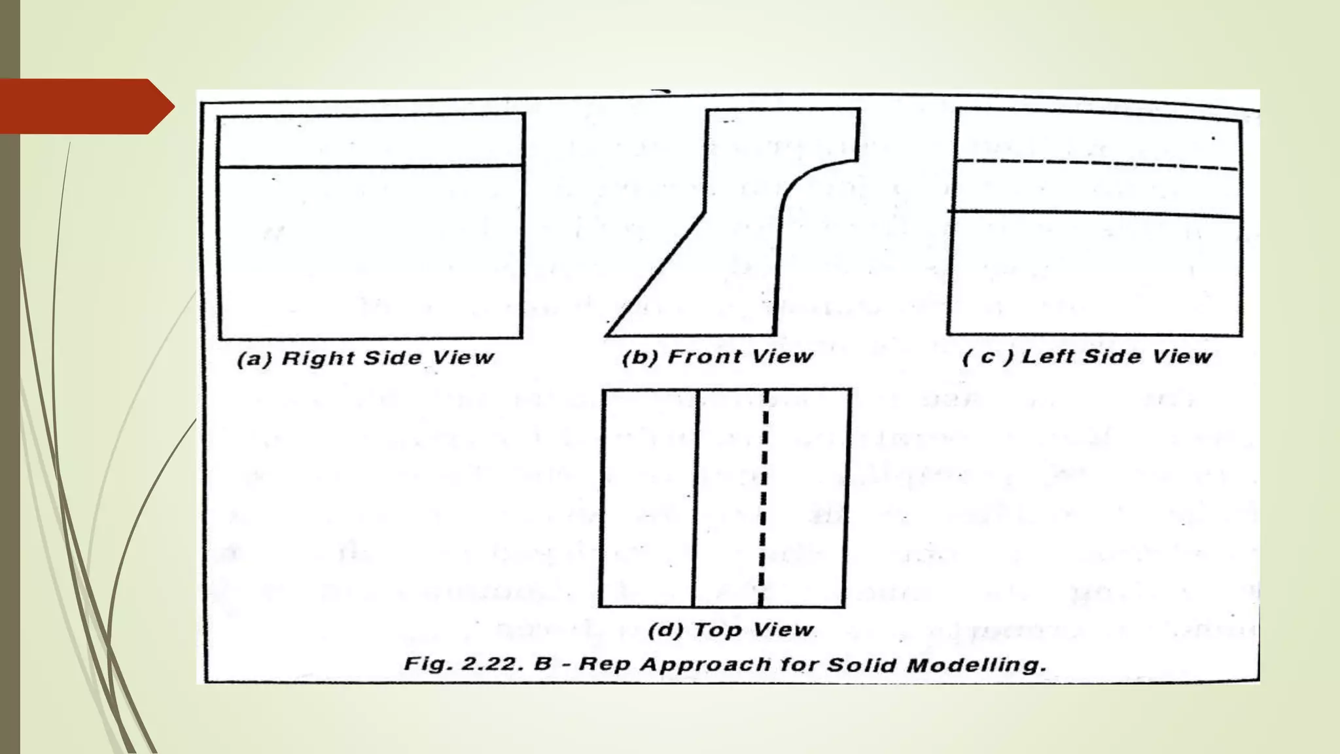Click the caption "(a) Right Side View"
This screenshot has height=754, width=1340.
point(365,358)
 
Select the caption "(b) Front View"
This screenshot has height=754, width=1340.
point(717,357)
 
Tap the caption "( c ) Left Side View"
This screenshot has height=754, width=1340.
point(1087,357)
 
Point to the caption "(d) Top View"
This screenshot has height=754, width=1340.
point(730,630)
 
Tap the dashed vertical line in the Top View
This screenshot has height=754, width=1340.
point(763,497)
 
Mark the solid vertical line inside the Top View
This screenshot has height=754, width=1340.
point(696,497)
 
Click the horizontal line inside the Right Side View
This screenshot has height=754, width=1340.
point(370,166)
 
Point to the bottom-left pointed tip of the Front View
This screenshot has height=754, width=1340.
point(608,334)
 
